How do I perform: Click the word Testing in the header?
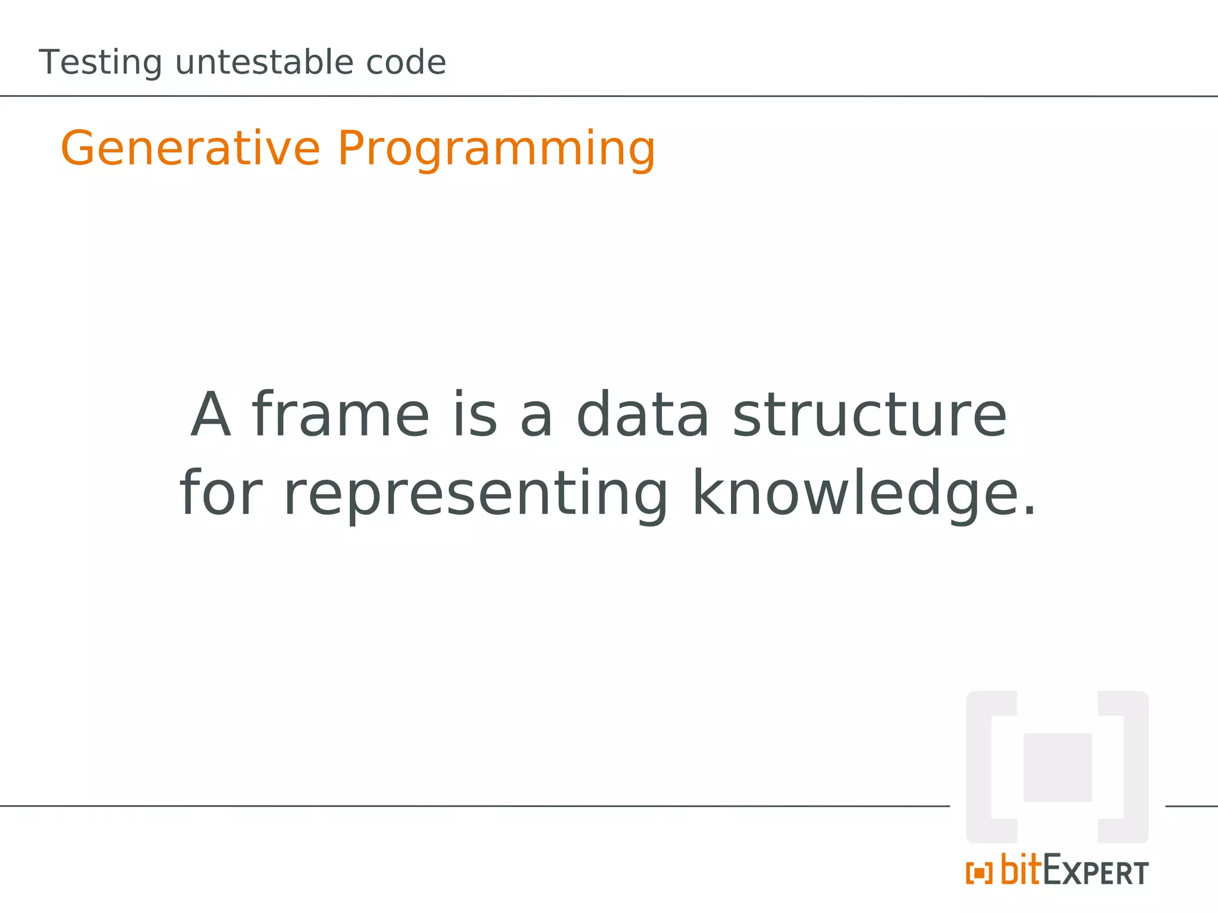coord(100,63)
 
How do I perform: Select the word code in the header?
coord(406,62)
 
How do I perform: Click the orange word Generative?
coord(190,148)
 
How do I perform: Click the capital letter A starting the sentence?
coord(211,415)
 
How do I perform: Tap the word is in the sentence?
coord(475,415)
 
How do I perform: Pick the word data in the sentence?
coord(642,415)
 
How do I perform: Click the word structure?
coord(869,415)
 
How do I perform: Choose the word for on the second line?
coord(221,493)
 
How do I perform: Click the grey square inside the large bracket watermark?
coord(1057,767)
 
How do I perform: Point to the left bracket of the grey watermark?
coord(980,767)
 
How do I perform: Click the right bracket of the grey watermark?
coord(1135,767)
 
